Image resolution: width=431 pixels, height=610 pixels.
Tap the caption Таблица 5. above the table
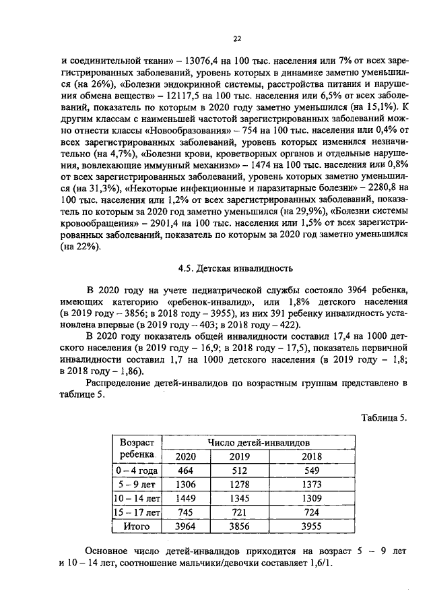pos(385,417)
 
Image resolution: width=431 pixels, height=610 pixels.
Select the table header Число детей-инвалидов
pos(259,443)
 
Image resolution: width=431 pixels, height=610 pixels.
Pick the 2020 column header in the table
pos(185,456)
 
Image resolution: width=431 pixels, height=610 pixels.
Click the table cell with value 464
pos(185,470)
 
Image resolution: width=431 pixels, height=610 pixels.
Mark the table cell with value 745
pos(185,513)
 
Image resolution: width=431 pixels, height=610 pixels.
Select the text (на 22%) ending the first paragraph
pos(80,247)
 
